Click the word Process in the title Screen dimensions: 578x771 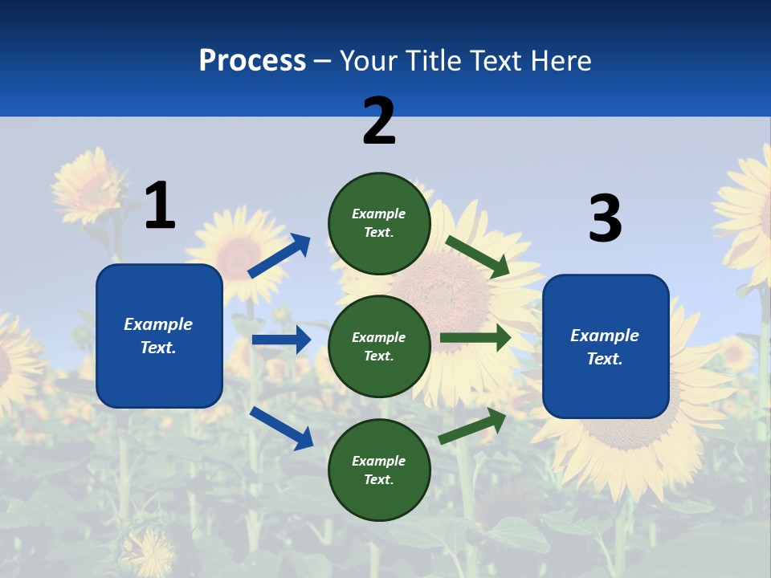(x=252, y=61)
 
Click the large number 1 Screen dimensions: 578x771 (x=160, y=206)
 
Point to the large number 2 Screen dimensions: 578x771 (x=379, y=121)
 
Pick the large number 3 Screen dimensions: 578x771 (x=605, y=219)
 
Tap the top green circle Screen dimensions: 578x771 (x=379, y=223)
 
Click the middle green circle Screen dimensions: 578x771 (x=379, y=346)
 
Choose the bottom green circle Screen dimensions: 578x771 (x=379, y=470)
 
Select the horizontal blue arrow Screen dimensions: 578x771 (x=281, y=340)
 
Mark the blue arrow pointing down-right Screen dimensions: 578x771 (x=281, y=428)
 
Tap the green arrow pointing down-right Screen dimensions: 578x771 (x=478, y=257)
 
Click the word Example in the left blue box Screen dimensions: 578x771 (x=158, y=324)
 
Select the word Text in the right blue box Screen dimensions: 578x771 (x=604, y=359)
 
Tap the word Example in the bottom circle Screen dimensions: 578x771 (x=379, y=461)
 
